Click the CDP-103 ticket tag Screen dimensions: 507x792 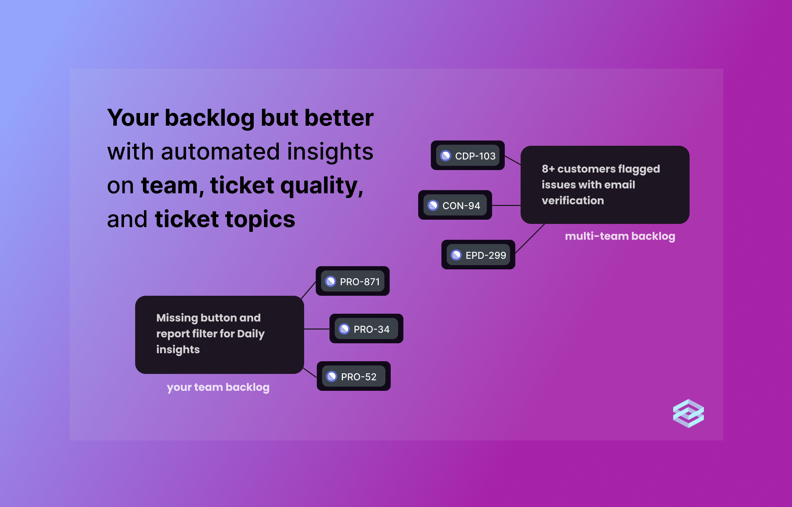tap(468, 156)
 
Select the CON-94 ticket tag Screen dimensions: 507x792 tap(455, 205)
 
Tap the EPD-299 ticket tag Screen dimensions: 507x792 tap(478, 255)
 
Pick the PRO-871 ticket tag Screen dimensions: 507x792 tap(353, 281)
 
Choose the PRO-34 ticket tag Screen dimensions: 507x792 tap(366, 329)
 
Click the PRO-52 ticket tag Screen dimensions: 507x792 tap(353, 376)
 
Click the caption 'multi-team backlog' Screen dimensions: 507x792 tap(620, 236)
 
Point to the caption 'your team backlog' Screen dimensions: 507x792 tap(218, 387)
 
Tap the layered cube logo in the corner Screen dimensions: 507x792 tap(688, 413)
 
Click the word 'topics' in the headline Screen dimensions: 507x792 tap(260, 219)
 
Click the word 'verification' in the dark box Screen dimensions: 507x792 tap(573, 200)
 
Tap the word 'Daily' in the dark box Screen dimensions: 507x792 tap(251, 333)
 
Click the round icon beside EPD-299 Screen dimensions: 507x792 tap(456, 255)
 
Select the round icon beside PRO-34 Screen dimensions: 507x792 tap(344, 329)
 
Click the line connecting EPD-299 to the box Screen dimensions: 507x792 tap(530, 238)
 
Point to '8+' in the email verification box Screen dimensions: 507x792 tap(548, 169)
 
